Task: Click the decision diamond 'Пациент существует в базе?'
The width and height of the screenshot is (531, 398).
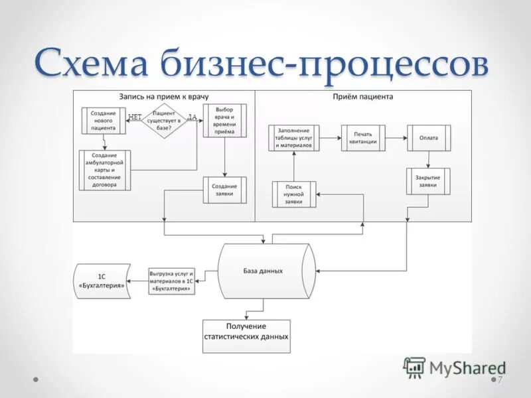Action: point(164,121)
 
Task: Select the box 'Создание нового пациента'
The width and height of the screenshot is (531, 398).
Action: point(104,121)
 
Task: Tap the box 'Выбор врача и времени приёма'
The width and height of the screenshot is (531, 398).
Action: point(225,121)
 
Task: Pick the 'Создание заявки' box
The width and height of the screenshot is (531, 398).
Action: point(225,190)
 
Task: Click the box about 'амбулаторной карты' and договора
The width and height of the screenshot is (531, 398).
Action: point(105,170)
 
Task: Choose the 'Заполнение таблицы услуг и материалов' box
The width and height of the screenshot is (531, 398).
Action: point(294,138)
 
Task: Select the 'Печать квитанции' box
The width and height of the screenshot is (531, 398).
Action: point(363,138)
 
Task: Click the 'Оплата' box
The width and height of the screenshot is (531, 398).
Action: point(429,138)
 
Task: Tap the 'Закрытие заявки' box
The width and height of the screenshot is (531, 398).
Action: point(428,181)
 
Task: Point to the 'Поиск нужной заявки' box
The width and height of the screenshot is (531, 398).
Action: point(294,194)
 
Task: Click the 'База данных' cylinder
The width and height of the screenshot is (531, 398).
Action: point(267,271)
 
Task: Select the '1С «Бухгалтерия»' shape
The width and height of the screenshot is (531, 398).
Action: point(102,281)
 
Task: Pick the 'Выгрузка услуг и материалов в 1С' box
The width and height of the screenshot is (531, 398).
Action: point(172,281)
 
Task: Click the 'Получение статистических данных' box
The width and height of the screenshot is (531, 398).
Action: point(246,336)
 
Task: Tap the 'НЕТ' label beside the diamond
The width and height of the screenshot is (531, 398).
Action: point(135,117)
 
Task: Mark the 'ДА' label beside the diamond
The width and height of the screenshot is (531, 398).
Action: point(192,117)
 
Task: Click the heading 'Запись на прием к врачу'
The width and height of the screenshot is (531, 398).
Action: point(164,97)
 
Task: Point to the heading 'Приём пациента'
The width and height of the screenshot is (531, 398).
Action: point(362,96)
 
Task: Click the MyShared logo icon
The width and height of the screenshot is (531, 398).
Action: point(414,367)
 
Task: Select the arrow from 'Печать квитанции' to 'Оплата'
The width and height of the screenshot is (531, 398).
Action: point(396,138)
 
